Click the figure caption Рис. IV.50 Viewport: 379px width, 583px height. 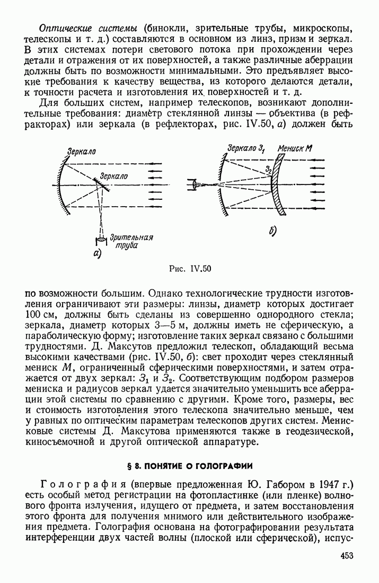189,268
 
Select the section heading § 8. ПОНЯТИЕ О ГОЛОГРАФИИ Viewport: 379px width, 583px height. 189,466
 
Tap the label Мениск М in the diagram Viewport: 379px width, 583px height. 294,149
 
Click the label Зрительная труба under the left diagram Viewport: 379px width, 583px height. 131,241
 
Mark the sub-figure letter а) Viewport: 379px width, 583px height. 97,253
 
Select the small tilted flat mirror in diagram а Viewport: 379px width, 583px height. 100,184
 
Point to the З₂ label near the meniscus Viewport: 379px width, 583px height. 269,169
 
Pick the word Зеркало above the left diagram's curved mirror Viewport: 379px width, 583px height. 81,151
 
